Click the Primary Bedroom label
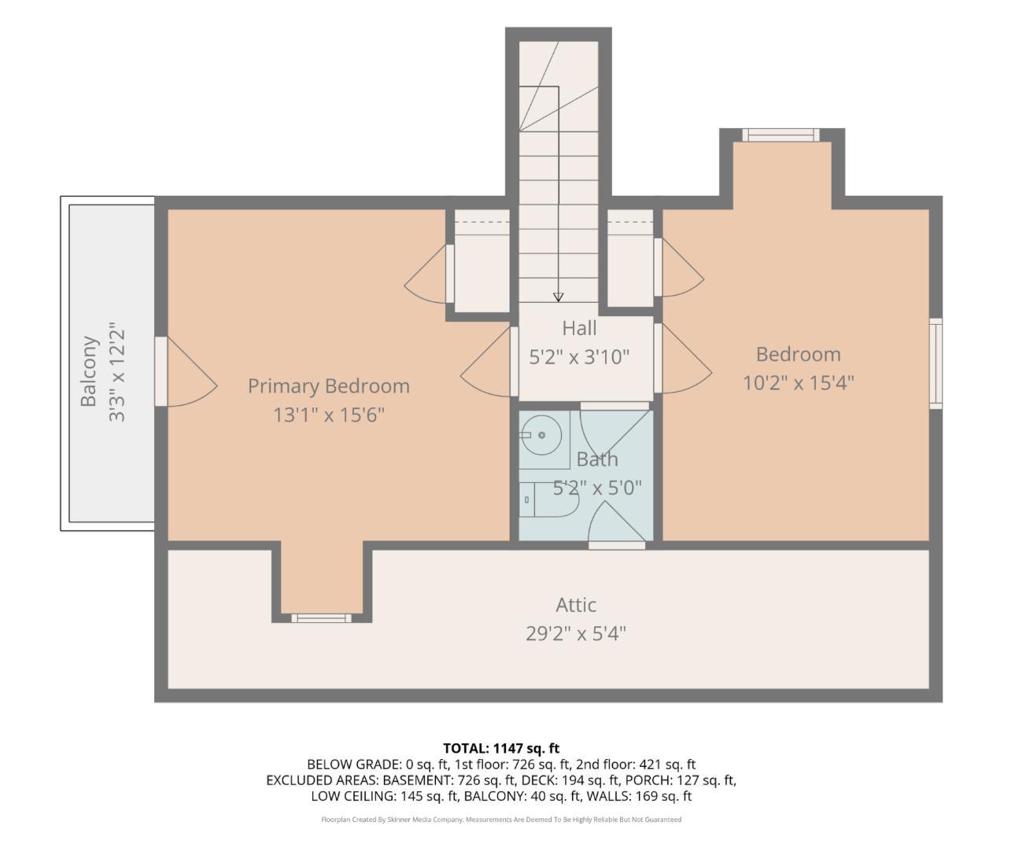point(328,386)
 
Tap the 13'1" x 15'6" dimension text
point(328,415)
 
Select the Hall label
point(579,328)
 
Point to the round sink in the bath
point(541,435)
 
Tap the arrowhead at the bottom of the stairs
point(558,297)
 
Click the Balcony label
point(89,371)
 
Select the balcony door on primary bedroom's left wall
point(161,371)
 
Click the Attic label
point(575,605)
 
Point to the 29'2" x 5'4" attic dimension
point(575,633)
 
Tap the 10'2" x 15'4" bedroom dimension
point(798,382)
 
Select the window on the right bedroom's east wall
point(936,363)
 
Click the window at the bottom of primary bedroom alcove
point(321,618)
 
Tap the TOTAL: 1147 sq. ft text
point(501,748)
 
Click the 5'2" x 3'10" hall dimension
point(579,357)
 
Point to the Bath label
point(597,459)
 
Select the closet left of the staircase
point(482,262)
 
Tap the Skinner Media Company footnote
point(501,820)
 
